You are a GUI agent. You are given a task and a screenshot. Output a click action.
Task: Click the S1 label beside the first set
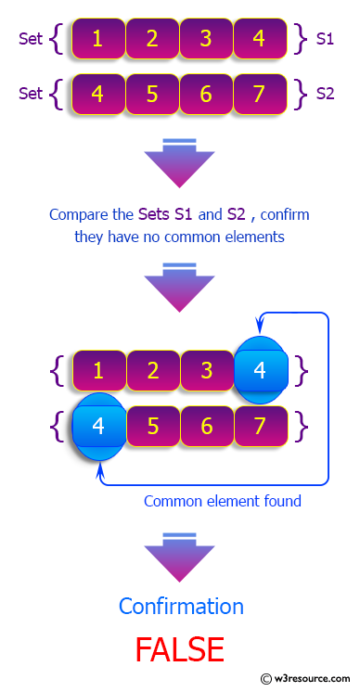[326, 39]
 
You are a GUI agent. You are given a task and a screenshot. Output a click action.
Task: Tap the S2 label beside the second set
[326, 93]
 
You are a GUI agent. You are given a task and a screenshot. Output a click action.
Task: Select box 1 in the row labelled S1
[98, 39]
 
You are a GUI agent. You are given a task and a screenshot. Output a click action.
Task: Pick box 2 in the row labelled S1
[152, 39]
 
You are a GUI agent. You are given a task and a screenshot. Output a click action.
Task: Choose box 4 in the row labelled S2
[98, 93]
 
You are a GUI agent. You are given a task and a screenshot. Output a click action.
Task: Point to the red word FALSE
[180, 649]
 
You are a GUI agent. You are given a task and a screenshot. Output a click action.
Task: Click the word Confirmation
[181, 607]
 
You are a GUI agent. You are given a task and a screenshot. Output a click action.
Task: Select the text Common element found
[223, 501]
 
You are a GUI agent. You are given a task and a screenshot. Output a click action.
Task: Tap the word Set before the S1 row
[32, 39]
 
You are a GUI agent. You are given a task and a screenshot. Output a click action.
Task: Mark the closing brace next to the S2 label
[299, 93]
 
